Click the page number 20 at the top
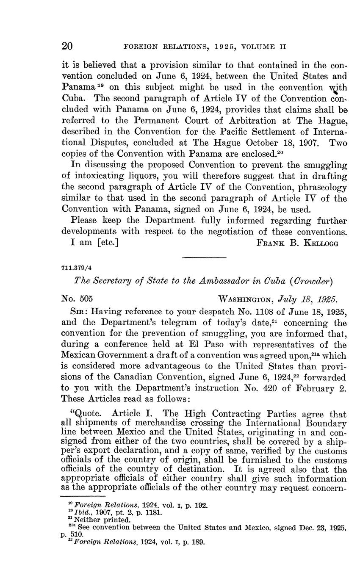[x=67, y=46]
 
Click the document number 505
[x=86, y=299]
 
